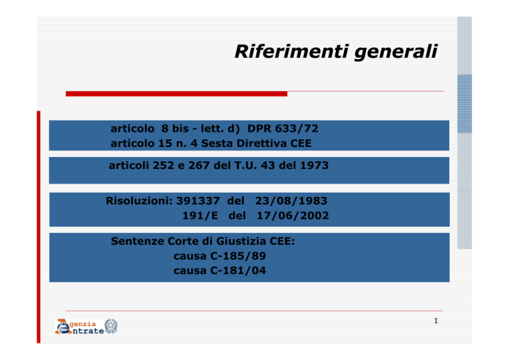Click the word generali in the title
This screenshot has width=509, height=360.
tap(396, 52)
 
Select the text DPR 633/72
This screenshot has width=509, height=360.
tap(283, 129)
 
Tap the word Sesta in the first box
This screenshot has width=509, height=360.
tap(217, 143)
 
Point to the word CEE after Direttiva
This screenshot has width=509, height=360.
tap(301, 143)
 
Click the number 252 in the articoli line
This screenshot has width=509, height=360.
tap(164, 166)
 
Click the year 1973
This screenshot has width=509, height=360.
tap(314, 166)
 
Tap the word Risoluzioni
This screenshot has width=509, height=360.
tap(139, 201)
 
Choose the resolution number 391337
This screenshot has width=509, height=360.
tap(198, 201)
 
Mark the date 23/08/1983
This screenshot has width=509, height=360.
tap(291, 201)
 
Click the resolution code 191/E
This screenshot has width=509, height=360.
tap(200, 215)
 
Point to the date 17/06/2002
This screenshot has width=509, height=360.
tap(293, 215)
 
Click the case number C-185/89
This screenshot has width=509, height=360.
tap(238, 256)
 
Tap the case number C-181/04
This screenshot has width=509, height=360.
tap(238, 270)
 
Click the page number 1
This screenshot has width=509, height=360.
tap(436, 321)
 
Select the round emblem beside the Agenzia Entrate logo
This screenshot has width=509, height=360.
tap(111, 326)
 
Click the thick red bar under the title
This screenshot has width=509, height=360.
tap(176, 94)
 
